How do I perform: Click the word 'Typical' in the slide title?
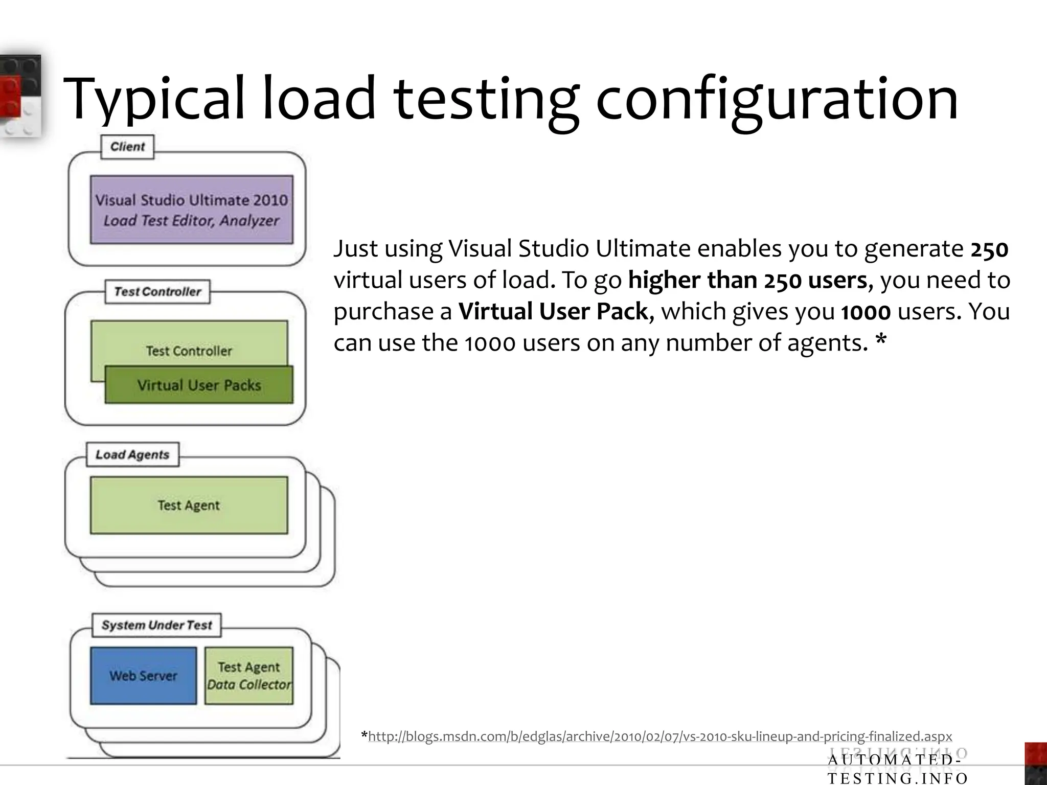pos(153,100)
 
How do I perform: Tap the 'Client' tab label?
pos(127,147)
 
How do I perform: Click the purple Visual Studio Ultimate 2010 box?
pos(192,210)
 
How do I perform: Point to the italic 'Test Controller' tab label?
pos(157,292)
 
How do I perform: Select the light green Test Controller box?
pos(189,342)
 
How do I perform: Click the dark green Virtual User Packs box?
pos(199,385)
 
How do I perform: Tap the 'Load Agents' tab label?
pos(132,454)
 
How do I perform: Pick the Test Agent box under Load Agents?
pos(189,505)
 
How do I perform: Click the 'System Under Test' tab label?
pos(156,625)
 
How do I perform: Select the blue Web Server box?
pos(143,676)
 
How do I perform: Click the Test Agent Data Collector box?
pos(249,676)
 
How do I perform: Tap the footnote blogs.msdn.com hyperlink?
pos(659,736)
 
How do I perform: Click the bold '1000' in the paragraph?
pos(866,312)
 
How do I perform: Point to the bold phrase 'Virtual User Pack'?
pos(554,312)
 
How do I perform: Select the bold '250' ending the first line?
pos(989,249)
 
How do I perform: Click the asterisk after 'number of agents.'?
pos(880,341)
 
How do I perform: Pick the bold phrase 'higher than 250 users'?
pos(747,281)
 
